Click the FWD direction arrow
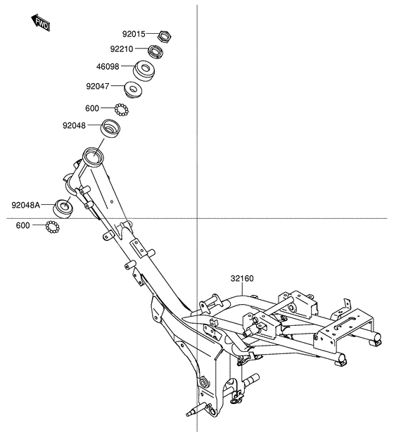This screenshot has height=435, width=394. [x=41, y=23]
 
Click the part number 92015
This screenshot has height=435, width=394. [x=134, y=34]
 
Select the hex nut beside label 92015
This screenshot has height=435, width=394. [x=165, y=36]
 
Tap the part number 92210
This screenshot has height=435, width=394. [x=122, y=49]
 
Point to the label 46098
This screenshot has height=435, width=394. [x=108, y=67]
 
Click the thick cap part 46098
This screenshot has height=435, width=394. [x=144, y=70]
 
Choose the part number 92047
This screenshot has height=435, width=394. [x=98, y=87]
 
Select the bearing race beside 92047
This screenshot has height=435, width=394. [x=133, y=90]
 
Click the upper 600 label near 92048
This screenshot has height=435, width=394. [x=92, y=108]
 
